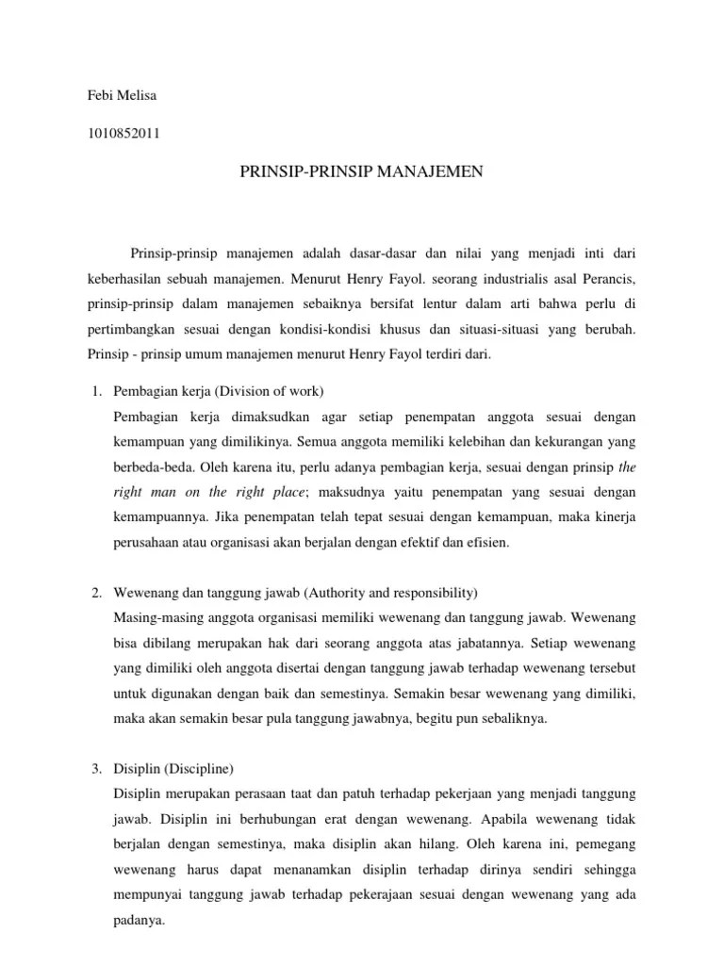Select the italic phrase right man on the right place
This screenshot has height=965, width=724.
[210, 491]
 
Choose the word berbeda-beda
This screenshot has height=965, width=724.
[149, 466]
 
